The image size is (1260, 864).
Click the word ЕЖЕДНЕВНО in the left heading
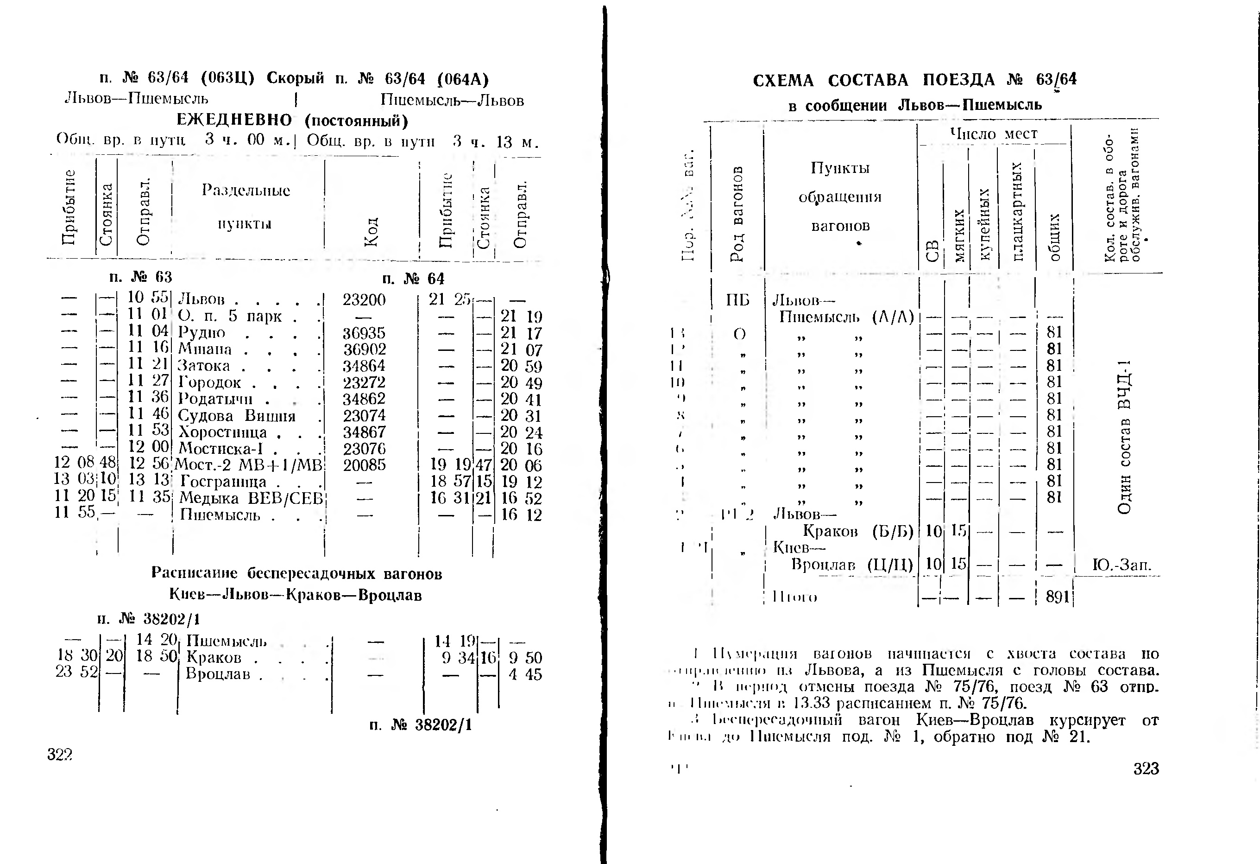pos(234,120)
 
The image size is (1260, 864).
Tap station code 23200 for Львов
pos(364,300)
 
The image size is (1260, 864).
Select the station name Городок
pos(209,382)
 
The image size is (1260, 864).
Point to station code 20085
pos(364,465)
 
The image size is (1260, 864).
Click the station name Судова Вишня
pos(237,416)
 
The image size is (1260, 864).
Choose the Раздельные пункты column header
pos(246,207)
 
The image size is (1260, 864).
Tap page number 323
pos(1146,769)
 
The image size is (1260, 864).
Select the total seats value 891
pos(1057,597)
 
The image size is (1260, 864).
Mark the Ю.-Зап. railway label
pos(1121,565)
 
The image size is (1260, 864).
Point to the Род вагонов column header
pos(737,214)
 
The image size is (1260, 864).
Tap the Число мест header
pos(993,134)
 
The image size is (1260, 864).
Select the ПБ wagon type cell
pos(737,300)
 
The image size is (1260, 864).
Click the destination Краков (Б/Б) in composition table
pos(858,531)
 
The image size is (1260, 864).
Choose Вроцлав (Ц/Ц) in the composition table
pos(852,565)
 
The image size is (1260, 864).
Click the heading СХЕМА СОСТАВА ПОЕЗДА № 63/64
pos(914,80)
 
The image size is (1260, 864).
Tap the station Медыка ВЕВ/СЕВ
pos(251,498)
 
